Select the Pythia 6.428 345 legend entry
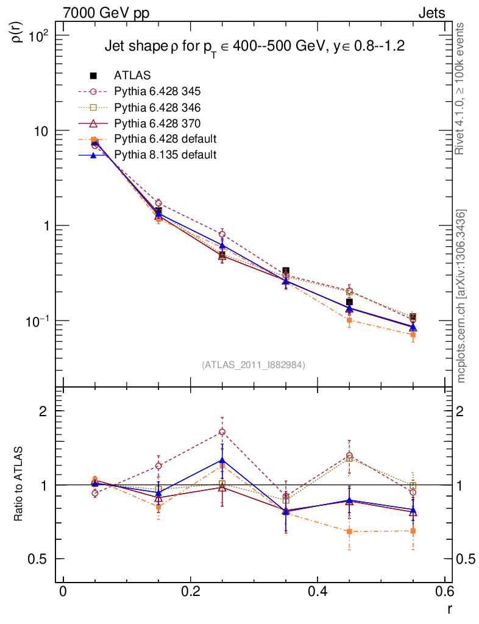[157, 91]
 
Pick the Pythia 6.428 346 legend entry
[157, 107]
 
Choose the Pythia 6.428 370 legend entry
[157, 123]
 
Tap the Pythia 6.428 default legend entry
[165, 139]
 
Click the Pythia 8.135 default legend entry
[165, 155]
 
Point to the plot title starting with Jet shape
[255, 46]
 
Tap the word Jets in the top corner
[431, 13]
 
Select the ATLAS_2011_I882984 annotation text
[254, 364]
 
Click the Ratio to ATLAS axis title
[19, 484]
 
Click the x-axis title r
[449, 608]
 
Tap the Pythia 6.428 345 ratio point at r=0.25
[222, 432]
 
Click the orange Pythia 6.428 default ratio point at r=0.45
[349, 531]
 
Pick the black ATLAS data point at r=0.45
[349, 302]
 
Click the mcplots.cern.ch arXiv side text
[461, 296]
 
